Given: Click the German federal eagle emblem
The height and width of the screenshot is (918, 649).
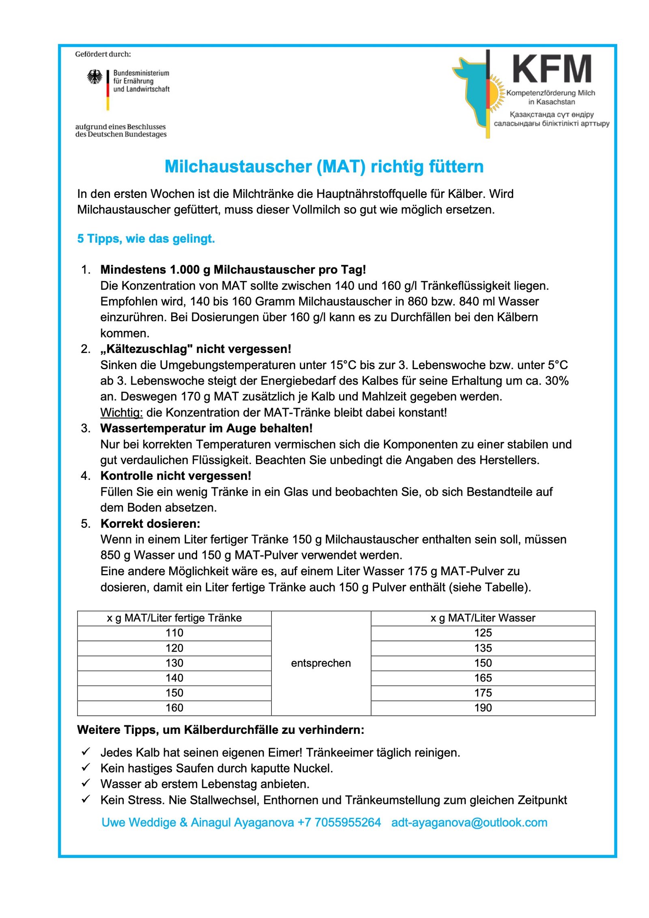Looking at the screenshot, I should pos(95,77).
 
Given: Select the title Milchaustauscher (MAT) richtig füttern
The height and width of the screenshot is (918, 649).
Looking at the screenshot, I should pos(324,167).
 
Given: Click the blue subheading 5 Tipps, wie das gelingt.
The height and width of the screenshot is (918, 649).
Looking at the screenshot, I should pos(146,239).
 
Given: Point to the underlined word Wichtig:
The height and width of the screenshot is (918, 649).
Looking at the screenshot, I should pos(122,413).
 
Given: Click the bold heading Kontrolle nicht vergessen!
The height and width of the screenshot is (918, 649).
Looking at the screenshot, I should pos(176,476).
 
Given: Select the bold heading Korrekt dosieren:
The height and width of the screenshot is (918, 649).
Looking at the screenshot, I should pos(150,524).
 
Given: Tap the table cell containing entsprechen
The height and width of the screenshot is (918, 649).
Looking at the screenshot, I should pos(321,663).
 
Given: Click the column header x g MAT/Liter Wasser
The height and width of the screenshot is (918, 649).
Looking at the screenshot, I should pos(483,618).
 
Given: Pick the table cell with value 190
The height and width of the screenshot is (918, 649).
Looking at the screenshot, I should pos(483,708).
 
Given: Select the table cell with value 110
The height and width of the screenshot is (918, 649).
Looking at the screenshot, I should pos(174,633).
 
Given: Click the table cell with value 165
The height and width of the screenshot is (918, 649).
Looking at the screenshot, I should pos(483,678).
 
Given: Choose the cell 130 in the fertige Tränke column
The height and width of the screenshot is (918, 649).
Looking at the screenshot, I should pos(174,663).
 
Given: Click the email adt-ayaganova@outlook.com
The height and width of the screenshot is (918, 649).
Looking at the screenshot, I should pos(469,822).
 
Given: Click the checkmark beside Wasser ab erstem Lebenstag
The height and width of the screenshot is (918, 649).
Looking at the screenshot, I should pos(86,783).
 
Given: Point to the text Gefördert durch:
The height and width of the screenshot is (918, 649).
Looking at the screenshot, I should pos(103,54).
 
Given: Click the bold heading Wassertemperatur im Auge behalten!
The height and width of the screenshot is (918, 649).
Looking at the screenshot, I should pos(206,428).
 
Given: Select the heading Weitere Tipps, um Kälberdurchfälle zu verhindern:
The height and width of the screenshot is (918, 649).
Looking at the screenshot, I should pos(221,730).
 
